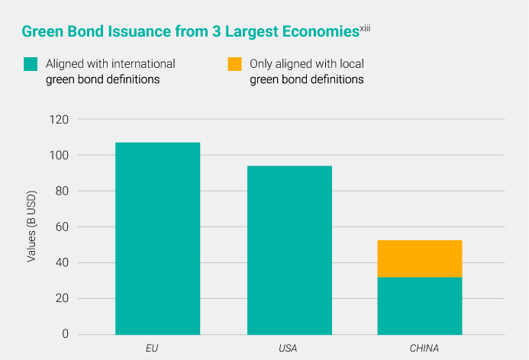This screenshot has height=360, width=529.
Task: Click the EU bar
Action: coord(157,238)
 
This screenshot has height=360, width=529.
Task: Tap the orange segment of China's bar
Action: coord(420,259)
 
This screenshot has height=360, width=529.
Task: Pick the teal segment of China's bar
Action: coord(420,305)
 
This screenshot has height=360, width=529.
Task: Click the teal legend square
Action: coord(31,64)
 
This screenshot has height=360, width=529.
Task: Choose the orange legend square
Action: coord(235,64)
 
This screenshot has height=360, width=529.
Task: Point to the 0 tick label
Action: coord(64,334)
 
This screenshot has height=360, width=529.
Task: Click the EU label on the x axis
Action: coord(151,349)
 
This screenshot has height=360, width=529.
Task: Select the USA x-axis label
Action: coord(287,349)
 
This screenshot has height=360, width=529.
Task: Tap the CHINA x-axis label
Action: coord(424,349)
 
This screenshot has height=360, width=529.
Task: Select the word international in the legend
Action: coord(147,64)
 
